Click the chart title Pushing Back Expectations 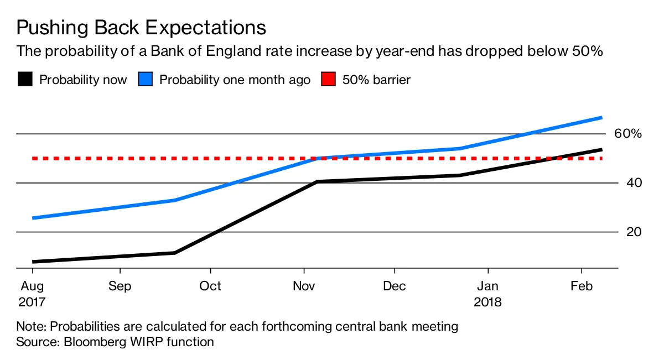point(141,27)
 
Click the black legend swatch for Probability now point(24,80)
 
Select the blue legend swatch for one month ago point(144,80)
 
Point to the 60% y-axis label point(628,134)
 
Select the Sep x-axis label point(120,286)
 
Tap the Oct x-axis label point(210,286)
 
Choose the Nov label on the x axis point(304,286)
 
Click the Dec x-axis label point(395,286)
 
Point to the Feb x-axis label point(581,286)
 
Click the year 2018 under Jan point(487,302)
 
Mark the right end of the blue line point(601,118)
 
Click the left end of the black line point(33,262)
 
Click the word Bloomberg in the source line point(95,342)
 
